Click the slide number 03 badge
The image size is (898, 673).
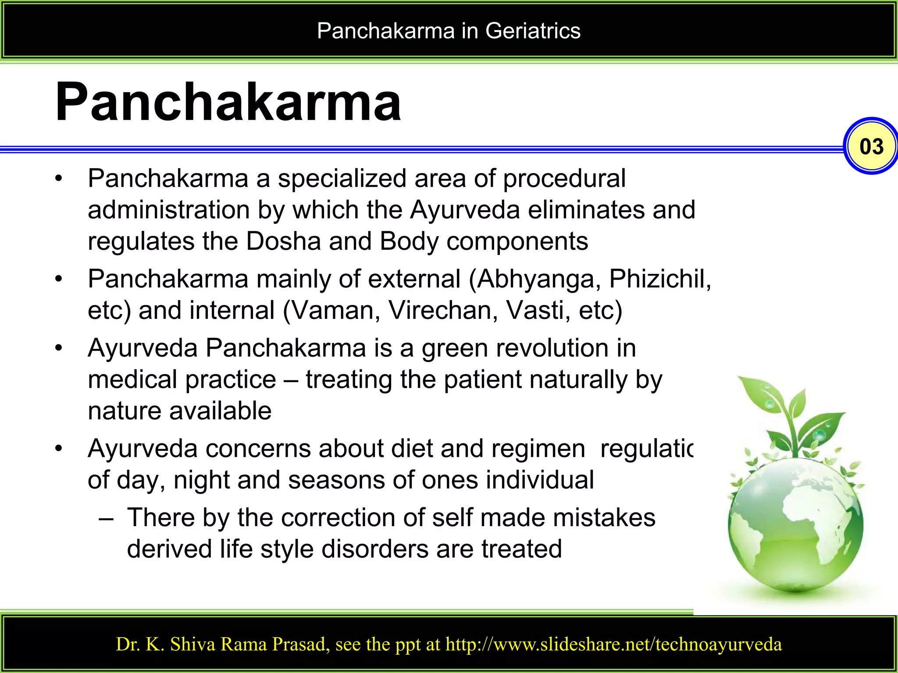(x=871, y=146)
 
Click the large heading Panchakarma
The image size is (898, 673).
(x=228, y=102)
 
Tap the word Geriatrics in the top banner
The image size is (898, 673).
(x=533, y=31)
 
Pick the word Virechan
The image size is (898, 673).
(x=443, y=311)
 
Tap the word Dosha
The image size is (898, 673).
(x=283, y=241)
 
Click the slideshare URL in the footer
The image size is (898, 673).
(x=613, y=645)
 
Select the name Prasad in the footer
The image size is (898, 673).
(x=300, y=645)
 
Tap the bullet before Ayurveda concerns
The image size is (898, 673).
(x=59, y=449)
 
